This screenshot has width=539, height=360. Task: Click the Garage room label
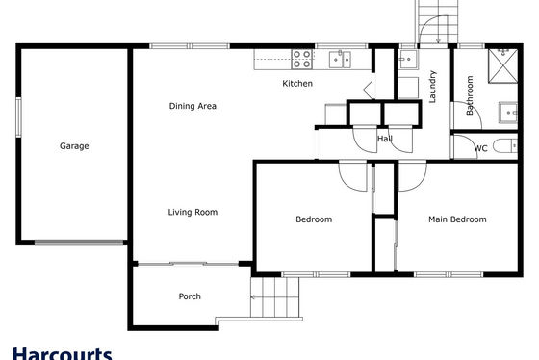click(x=74, y=146)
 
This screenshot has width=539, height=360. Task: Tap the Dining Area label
click(x=192, y=106)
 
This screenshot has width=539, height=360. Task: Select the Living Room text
click(x=192, y=212)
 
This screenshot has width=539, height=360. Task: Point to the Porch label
click(x=190, y=296)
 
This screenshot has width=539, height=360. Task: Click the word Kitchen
click(x=297, y=83)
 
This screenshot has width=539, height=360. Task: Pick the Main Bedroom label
click(x=457, y=219)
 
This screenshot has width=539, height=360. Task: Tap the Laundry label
click(x=432, y=87)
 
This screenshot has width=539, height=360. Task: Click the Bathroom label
click(x=470, y=95)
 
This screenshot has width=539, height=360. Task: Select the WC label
click(x=480, y=148)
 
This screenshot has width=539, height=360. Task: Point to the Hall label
click(x=385, y=139)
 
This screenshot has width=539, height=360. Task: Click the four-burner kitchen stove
click(x=302, y=59)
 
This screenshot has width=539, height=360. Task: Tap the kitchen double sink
click(x=340, y=60)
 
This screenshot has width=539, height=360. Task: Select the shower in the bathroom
click(x=502, y=66)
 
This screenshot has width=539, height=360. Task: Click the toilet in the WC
click(x=505, y=146)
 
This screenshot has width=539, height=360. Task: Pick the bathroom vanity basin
click(x=508, y=113)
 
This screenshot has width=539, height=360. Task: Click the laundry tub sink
click(x=408, y=60)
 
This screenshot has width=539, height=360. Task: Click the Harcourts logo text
click(x=63, y=353)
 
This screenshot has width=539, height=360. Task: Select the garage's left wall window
click(x=18, y=117)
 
